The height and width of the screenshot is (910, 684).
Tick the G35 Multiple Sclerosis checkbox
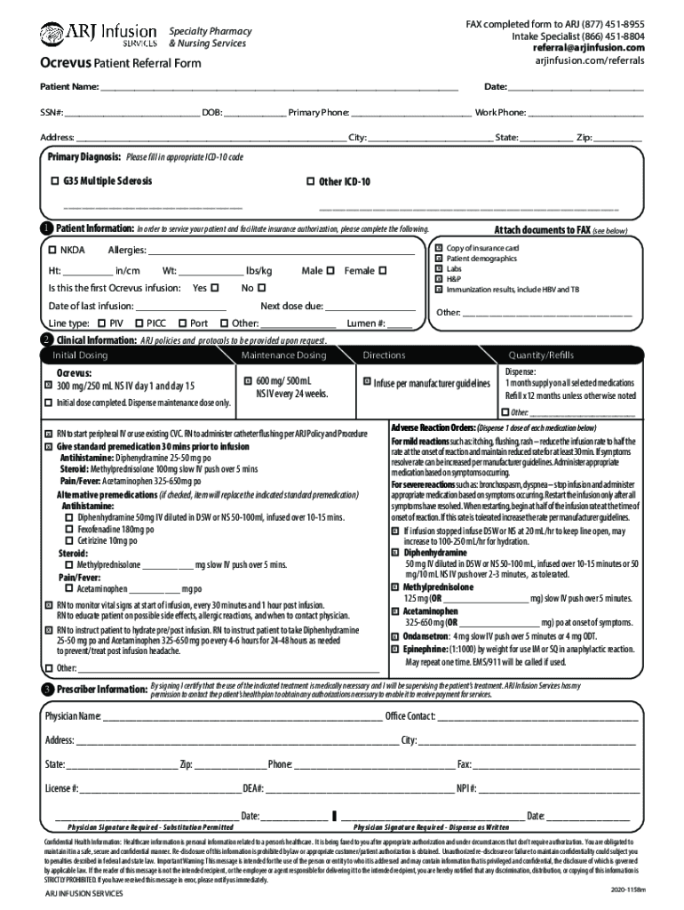click(55, 180)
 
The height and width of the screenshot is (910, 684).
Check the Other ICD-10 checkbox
click(310, 180)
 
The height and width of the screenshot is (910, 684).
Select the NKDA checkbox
click(52, 250)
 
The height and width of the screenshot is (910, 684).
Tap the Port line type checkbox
click(182, 323)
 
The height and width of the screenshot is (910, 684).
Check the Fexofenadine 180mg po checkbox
click(70, 528)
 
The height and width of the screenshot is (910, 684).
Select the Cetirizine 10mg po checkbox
click(70, 539)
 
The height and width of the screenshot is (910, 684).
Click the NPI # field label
click(467, 788)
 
